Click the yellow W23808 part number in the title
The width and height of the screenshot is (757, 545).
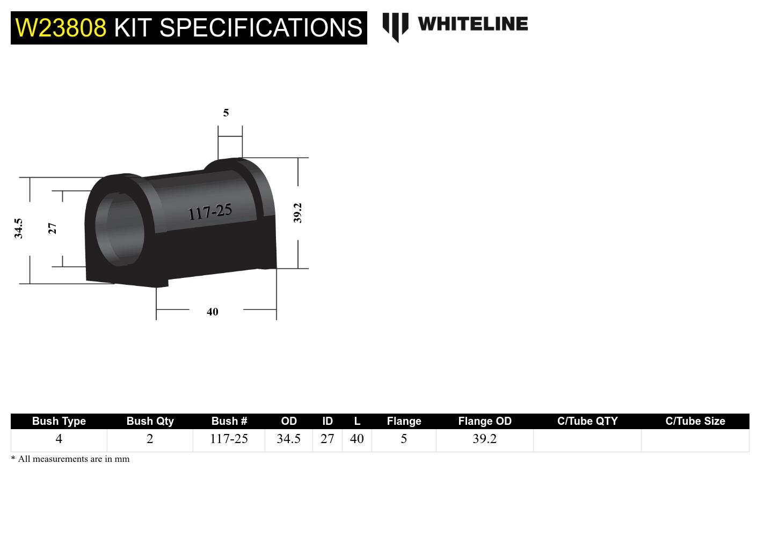(61, 28)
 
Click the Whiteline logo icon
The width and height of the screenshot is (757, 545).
(395, 26)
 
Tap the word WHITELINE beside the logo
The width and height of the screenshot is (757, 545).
(472, 24)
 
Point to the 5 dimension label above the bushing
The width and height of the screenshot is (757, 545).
(226, 113)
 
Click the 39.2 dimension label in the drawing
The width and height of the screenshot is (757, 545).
(297, 213)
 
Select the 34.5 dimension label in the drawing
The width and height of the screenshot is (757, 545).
(19, 229)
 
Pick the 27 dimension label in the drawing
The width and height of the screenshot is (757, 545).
(52, 229)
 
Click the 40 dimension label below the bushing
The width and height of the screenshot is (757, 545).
(213, 312)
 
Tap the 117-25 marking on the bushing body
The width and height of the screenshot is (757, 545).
(210, 212)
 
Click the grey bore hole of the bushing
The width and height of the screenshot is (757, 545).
(119, 229)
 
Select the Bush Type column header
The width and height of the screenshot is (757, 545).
(59, 421)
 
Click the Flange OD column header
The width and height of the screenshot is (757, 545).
(485, 421)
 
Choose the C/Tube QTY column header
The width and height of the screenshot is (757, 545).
(587, 421)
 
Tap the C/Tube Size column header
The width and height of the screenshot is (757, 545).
(695, 421)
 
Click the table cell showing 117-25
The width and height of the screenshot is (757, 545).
(229, 439)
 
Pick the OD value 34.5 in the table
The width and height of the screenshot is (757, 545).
(288, 439)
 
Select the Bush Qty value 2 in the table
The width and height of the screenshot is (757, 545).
(150, 439)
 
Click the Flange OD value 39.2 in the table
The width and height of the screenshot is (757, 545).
(484, 439)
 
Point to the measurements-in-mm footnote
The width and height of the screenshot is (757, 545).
(70, 459)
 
